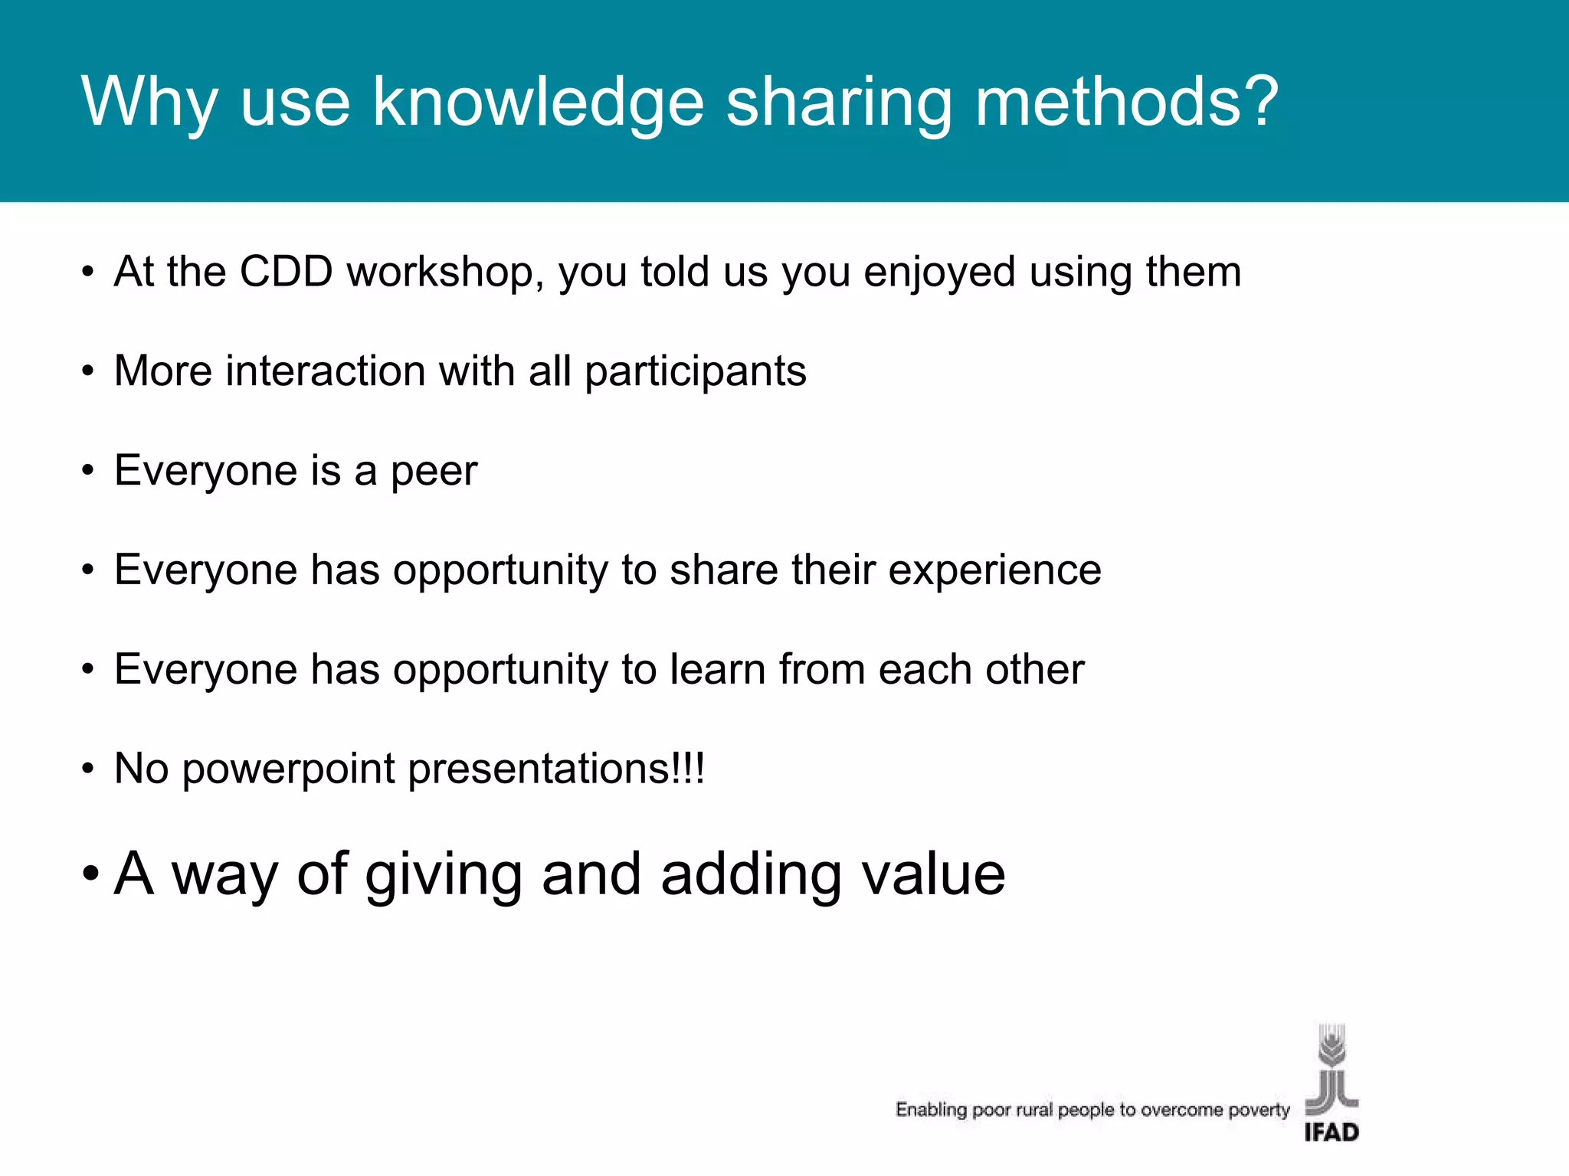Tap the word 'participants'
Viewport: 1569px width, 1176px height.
tap(695, 372)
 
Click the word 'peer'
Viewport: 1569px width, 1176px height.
tap(434, 472)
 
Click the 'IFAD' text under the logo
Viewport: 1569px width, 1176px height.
tap(1332, 1132)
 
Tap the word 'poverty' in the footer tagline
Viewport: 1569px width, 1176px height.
tap(1259, 1110)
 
